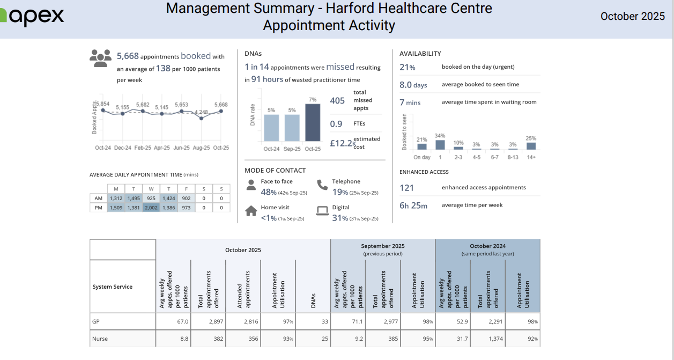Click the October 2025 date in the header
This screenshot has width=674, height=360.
tap(632, 16)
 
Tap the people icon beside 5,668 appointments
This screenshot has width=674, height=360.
tap(100, 58)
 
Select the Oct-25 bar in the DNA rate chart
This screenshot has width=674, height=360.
tap(313, 123)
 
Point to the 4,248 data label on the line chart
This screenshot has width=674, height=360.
tap(201, 112)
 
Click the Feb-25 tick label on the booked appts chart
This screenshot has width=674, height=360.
tap(143, 148)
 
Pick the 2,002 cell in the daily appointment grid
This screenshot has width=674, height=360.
tap(151, 208)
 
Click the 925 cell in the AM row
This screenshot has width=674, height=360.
tap(151, 198)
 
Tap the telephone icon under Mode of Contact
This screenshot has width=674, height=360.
tap(322, 185)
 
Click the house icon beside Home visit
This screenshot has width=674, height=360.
tap(251, 211)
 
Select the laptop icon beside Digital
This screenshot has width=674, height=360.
tap(322, 211)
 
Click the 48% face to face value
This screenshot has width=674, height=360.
tap(269, 193)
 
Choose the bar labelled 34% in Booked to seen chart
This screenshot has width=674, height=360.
tap(440, 145)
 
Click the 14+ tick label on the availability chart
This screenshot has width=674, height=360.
tap(531, 157)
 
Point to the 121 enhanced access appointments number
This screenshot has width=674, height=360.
tap(407, 188)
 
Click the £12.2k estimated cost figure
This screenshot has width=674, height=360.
tap(342, 143)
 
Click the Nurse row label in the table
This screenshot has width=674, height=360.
tap(101, 339)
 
